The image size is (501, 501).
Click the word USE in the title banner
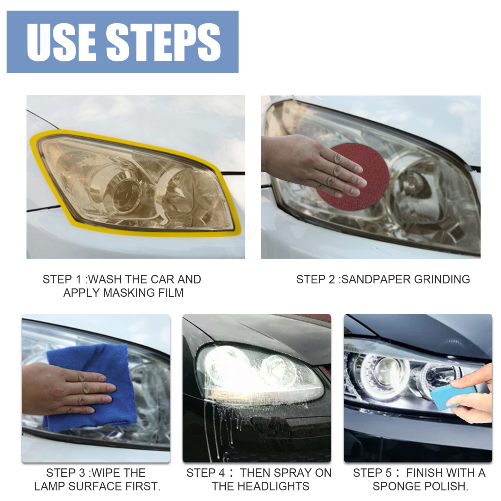pos(61,42)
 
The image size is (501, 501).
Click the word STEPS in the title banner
pos(163,42)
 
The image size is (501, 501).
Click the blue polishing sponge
pos(451,395)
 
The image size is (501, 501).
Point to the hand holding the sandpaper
pos(309,163)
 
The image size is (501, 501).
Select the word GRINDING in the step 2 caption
pos(442,279)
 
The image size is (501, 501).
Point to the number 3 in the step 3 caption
pos(82,473)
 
